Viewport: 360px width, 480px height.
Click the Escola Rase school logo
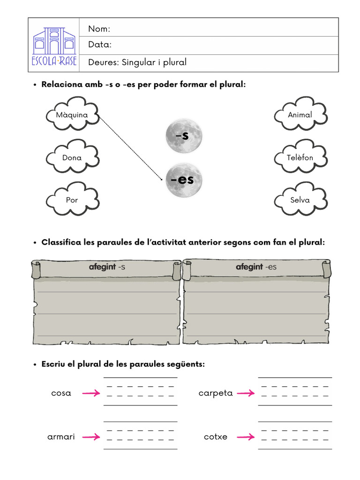click(54, 45)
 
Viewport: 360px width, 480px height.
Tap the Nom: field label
click(99, 29)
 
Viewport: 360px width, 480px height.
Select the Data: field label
click(99, 45)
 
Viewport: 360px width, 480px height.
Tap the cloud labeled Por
click(72, 200)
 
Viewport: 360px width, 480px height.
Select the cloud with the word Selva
click(300, 200)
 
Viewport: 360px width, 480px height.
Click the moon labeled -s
click(183, 135)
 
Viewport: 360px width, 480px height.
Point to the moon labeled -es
click(183, 180)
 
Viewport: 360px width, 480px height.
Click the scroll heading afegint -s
click(107, 267)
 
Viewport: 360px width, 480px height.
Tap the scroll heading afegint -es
click(256, 267)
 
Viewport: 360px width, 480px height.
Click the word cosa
click(61, 393)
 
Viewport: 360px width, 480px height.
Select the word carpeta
click(216, 393)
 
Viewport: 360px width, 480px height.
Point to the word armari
click(61, 437)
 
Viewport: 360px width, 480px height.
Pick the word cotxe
click(216, 437)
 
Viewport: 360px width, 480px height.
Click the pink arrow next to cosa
click(91, 393)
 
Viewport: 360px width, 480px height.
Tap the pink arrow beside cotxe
click(246, 437)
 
